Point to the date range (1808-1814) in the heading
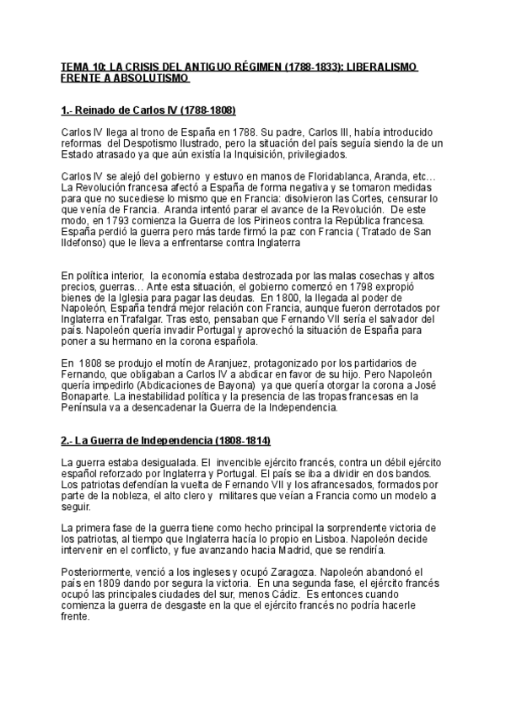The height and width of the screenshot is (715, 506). coord(234,441)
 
